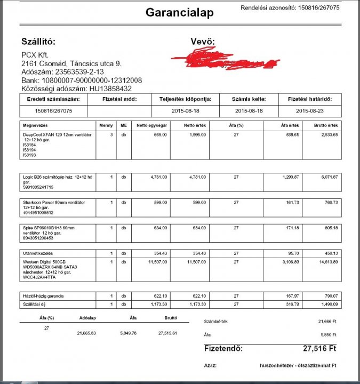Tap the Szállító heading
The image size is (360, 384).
coord(38,42)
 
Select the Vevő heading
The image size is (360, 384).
coord(203,42)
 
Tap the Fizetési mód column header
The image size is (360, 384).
coord(119,99)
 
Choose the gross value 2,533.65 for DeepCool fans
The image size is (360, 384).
coord(327,135)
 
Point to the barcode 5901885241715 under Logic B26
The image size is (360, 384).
coord(39,187)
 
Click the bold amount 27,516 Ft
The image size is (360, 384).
coord(320,348)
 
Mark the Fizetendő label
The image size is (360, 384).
coord(223,348)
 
